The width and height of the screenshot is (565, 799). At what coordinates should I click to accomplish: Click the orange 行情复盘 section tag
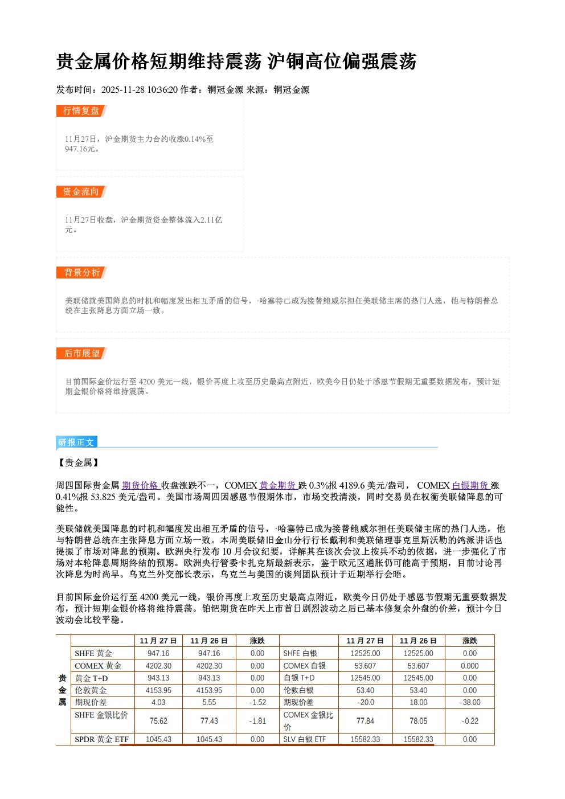tap(81, 110)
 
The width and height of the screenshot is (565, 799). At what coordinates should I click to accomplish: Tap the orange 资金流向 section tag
tap(81, 191)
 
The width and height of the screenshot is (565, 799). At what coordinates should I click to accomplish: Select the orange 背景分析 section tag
tap(81, 273)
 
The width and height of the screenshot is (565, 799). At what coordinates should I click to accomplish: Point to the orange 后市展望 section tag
tap(81, 354)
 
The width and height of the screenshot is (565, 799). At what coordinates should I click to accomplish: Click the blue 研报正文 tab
tap(76, 442)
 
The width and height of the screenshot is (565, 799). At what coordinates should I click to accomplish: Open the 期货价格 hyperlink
tap(141, 485)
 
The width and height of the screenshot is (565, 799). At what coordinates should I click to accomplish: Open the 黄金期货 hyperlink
tap(278, 485)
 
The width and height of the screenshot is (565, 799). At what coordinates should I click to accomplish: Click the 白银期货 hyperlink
tap(471, 485)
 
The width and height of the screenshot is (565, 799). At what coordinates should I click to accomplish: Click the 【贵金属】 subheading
tap(79, 463)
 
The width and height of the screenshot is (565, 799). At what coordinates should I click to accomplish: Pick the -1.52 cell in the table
tap(257, 702)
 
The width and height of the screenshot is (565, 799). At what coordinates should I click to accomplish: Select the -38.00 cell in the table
tap(470, 702)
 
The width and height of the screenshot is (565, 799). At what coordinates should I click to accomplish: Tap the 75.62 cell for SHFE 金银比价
tap(158, 721)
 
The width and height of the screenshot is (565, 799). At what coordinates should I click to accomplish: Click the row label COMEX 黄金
tap(98, 666)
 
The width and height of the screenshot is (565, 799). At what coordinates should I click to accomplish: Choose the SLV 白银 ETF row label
tap(305, 739)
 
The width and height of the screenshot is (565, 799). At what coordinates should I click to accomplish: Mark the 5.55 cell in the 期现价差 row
tap(210, 702)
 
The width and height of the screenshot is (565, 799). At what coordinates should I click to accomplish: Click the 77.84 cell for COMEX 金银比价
tap(365, 721)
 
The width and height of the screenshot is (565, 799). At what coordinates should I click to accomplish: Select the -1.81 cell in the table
tap(257, 721)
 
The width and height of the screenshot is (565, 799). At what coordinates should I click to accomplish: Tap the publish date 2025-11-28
tap(123, 89)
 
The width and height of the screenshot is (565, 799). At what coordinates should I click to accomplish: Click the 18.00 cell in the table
tap(419, 702)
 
